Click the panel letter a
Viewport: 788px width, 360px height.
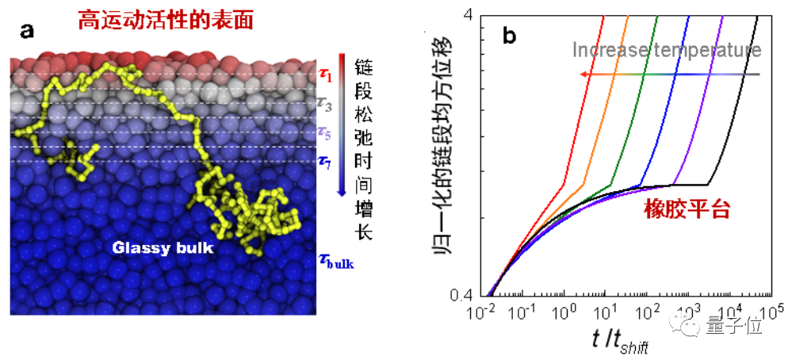[x=28, y=33]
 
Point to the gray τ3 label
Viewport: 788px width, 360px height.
[x=325, y=102]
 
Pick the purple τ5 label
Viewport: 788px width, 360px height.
[x=325, y=132]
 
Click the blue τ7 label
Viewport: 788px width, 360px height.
[x=325, y=162]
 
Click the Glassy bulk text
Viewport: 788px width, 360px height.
[x=163, y=247]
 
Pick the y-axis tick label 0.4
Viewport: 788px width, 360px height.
[x=463, y=295]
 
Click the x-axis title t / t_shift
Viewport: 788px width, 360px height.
[x=621, y=340]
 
